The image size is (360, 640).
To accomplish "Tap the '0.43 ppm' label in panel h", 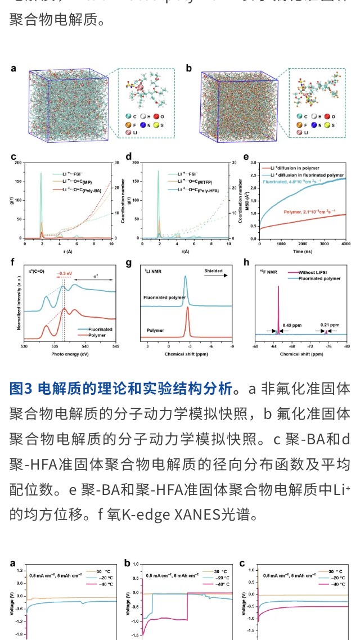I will tap(291, 324).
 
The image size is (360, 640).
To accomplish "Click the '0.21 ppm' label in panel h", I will tap(330, 324).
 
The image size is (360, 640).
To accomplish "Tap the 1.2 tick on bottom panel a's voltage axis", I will tap(20, 571).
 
